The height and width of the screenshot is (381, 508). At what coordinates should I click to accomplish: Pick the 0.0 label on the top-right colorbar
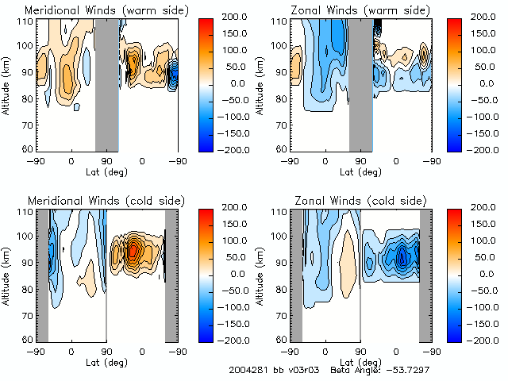(x=483, y=83)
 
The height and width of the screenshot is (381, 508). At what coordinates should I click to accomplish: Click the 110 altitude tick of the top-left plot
(x=27, y=21)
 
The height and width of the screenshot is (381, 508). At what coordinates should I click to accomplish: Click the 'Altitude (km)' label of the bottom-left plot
(x=6, y=274)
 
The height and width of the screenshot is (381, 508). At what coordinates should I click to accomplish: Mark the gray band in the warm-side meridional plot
(x=106, y=83)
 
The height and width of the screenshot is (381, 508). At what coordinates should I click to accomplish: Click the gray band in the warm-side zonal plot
(x=361, y=83)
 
